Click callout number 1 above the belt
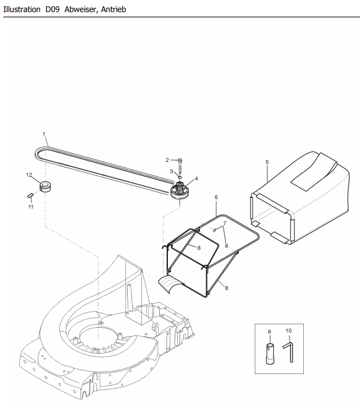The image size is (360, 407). (x=44, y=134)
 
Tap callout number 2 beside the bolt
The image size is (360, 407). (x=167, y=160)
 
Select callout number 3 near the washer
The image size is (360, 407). (x=171, y=171)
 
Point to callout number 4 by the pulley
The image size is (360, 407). (x=197, y=178)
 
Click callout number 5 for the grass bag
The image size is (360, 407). (x=267, y=162)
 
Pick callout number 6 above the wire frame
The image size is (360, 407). (x=216, y=197)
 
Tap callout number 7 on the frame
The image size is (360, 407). (x=225, y=223)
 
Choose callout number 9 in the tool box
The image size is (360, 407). (x=269, y=332)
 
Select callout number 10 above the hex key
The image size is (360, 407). (x=288, y=330)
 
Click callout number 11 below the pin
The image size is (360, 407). (x=31, y=207)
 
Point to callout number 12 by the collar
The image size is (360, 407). (x=29, y=175)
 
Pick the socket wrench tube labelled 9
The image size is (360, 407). (x=269, y=353)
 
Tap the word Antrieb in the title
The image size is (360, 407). (x=113, y=9)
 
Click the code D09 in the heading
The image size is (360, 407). (x=53, y=9)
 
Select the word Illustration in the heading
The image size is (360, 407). (x=22, y=9)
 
